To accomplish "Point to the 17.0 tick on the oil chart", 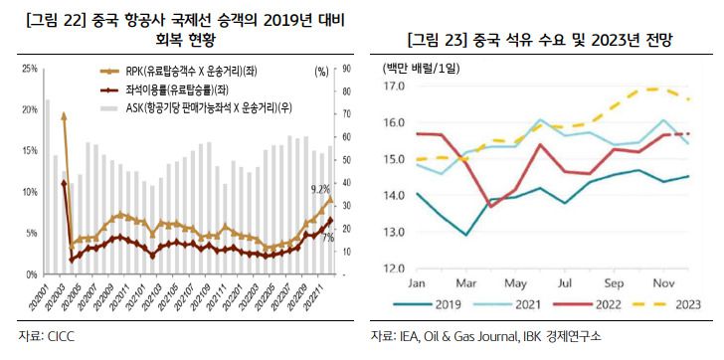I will (x=394, y=87).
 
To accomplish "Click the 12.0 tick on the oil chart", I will (x=394, y=269).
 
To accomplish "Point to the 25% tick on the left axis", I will (x=29, y=70).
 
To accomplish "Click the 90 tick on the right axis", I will (x=348, y=70).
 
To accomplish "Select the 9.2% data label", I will (x=320, y=188).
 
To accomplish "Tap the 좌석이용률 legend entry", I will (x=189, y=90).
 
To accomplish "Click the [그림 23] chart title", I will (x=539, y=42).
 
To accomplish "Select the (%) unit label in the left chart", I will (x=320, y=72).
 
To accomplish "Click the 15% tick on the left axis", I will (x=29, y=151).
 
